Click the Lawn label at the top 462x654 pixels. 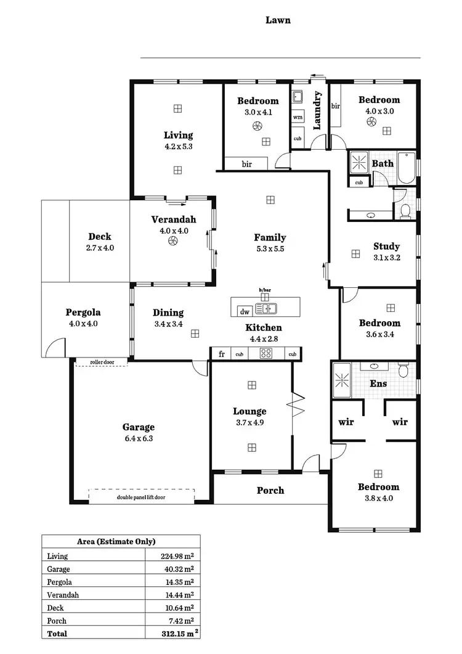point(278,20)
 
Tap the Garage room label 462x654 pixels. point(138,427)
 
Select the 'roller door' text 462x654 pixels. point(102,362)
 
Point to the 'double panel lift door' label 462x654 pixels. point(142,497)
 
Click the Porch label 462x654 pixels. point(270,490)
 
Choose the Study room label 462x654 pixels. point(386,247)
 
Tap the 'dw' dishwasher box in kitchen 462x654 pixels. point(245,311)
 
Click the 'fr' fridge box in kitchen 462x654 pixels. point(221,354)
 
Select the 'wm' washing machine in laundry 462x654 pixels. point(298,116)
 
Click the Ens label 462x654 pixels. point(378,383)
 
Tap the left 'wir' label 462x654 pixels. point(346,422)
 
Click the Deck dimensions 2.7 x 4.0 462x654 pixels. point(100,248)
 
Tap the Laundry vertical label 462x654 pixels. point(318,110)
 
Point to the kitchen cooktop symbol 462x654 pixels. point(266,354)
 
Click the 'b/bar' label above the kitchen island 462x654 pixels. point(265,289)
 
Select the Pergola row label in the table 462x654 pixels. point(59,582)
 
